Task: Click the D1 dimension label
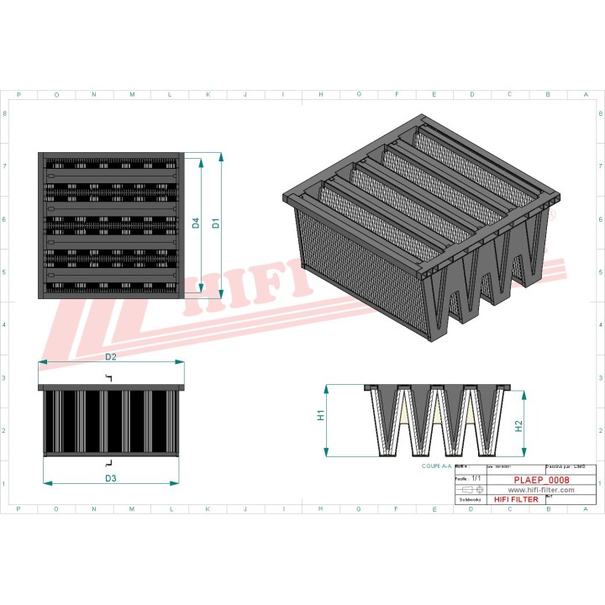[x=216, y=224]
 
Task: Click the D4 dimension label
[x=196, y=224]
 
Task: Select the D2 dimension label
[x=110, y=357]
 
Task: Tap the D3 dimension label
[x=110, y=478]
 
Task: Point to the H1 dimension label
[x=321, y=416]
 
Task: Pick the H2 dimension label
[x=519, y=426]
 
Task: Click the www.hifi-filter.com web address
[x=541, y=489]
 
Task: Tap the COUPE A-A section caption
[x=436, y=465]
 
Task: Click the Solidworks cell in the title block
[x=469, y=499]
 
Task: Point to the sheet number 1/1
[x=476, y=477]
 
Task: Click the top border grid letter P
[x=18, y=95]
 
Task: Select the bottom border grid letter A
[x=586, y=508]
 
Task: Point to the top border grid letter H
[x=321, y=95]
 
